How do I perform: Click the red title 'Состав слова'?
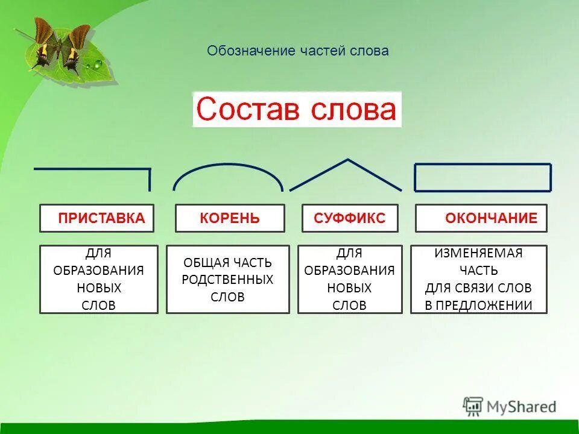pyautogui.click(x=297, y=110)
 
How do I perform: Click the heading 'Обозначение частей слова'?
pyautogui.click(x=298, y=51)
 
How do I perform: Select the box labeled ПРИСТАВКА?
pyautogui.click(x=97, y=218)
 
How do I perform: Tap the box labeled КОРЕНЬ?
pyautogui.click(x=230, y=218)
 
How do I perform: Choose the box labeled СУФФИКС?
pyautogui.click(x=350, y=218)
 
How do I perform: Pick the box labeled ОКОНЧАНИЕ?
pyautogui.click(x=481, y=218)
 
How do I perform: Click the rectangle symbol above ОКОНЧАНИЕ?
pyautogui.click(x=482, y=177)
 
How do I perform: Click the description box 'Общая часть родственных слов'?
pyautogui.click(x=228, y=279)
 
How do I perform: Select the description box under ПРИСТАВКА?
pyautogui.click(x=99, y=279)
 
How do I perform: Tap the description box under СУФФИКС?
pyautogui.click(x=350, y=279)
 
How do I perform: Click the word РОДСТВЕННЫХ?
pyautogui.click(x=228, y=280)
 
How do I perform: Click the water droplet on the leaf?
pyautogui.click(x=96, y=64)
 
